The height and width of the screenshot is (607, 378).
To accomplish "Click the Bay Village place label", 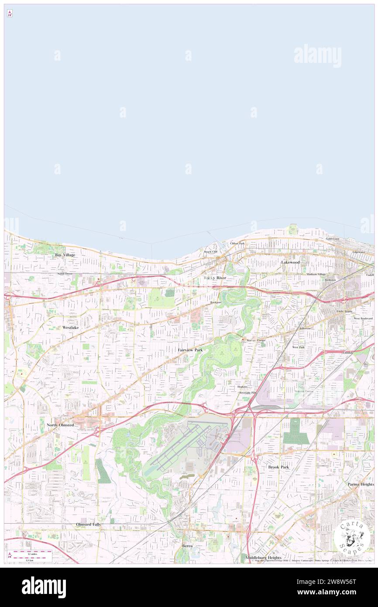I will click(x=65, y=255).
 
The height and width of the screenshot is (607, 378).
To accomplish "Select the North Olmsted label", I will click(x=60, y=425).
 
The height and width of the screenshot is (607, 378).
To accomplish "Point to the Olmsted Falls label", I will click(x=88, y=524).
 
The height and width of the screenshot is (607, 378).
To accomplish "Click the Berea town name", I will click(x=187, y=546).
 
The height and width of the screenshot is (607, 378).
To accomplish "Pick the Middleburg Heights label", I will click(x=263, y=558).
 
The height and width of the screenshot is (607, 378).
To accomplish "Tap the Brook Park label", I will click(x=278, y=467).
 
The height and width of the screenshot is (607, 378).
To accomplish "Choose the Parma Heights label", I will click(x=361, y=484).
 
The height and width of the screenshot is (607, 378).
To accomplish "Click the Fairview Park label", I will click(x=190, y=350).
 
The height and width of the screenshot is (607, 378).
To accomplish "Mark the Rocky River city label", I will click(x=215, y=278).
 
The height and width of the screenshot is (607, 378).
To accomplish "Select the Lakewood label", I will click(x=290, y=262).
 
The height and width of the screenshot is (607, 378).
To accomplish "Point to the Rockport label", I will click(x=216, y=302).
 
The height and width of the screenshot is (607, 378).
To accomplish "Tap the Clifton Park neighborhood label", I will click(x=237, y=243).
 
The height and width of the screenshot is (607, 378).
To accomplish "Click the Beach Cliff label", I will click(x=210, y=252).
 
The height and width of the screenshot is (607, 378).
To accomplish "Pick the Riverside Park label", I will click(x=247, y=393).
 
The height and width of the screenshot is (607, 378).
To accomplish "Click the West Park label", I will click(x=298, y=347).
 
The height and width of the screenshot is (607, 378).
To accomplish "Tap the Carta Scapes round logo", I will click(x=352, y=537).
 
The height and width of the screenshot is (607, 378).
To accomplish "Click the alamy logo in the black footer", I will click(x=44, y=587).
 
